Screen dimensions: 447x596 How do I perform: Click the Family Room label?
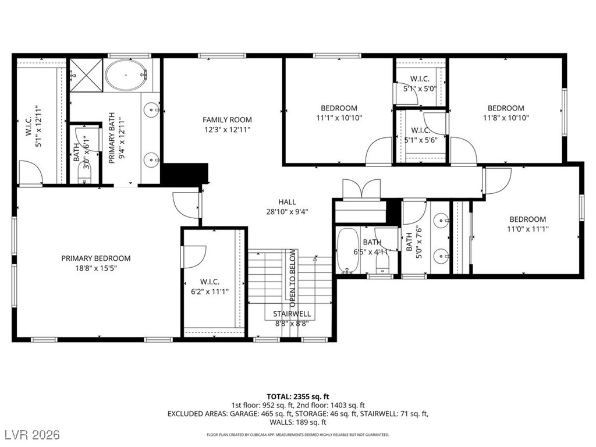click(227, 120)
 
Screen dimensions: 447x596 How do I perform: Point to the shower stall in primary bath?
click(86, 76)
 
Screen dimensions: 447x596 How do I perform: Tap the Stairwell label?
click(292, 314)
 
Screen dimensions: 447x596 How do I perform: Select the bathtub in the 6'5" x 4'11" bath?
click(348, 251)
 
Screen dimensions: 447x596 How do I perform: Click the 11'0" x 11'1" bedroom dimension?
click(528, 229)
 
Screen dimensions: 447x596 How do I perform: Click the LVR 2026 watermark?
click(34, 435)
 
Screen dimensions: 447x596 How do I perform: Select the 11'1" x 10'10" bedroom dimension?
click(339, 118)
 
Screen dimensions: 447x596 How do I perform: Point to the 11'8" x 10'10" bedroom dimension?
click(505, 118)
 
